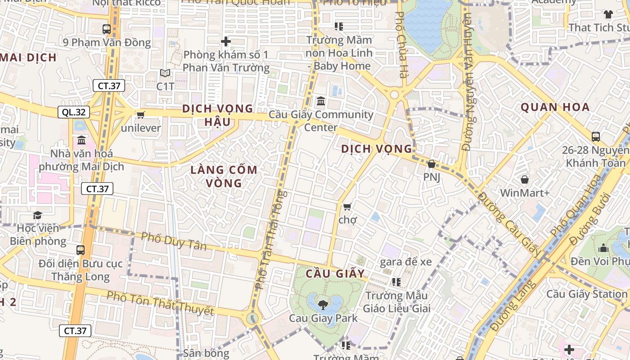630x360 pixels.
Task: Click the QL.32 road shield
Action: tap(74, 112)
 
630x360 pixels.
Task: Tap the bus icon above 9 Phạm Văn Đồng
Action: tap(107, 29)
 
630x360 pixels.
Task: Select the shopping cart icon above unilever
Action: tap(140, 115)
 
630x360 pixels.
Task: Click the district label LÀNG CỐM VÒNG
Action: tap(224, 176)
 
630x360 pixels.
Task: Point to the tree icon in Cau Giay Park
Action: tap(323, 305)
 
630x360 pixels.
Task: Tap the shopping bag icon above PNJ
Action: tap(431, 164)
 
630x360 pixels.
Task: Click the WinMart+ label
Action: tap(525, 193)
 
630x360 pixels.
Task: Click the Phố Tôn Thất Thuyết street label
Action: tap(160, 303)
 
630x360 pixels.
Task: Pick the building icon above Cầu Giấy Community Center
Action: tap(321, 101)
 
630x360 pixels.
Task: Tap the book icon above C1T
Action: tap(165, 73)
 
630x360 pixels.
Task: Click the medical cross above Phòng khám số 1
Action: tap(226, 42)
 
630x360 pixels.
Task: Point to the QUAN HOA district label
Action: tap(555, 108)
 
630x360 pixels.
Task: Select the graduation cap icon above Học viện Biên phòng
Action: tap(37, 216)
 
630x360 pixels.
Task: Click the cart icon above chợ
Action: tap(347, 207)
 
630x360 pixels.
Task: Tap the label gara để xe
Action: tap(406, 262)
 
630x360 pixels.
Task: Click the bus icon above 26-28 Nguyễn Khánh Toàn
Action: tap(596, 136)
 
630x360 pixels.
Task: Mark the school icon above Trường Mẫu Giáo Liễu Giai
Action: tap(396, 282)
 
